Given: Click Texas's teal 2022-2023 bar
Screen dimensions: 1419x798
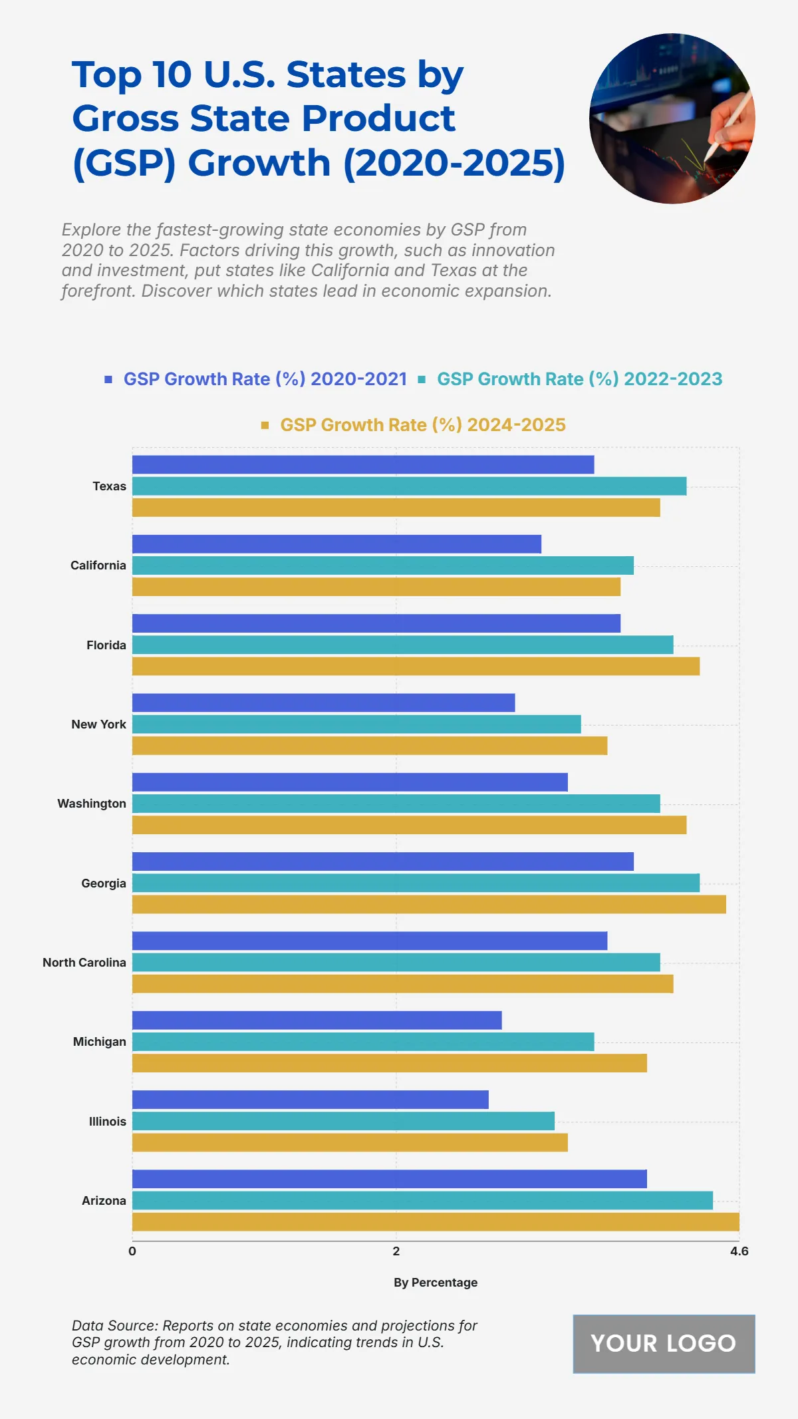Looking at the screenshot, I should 409,486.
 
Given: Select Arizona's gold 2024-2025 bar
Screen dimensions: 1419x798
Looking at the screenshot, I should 436,1222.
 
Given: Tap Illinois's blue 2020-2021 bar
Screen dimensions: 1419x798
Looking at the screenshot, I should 310,1100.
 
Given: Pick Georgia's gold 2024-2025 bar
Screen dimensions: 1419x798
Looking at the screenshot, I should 429,904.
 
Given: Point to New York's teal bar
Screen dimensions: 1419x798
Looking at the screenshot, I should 356,724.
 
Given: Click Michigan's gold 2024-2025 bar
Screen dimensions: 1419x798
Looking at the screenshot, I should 389,1063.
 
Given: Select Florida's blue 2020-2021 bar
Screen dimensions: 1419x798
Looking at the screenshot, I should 376,623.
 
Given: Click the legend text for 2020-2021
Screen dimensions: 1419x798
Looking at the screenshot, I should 265,379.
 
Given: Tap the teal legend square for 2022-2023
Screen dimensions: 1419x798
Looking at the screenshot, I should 422,380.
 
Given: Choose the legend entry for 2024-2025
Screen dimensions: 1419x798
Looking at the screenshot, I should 422,425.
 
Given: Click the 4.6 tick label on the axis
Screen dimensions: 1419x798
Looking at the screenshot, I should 739,1251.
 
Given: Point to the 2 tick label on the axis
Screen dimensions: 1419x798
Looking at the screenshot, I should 396,1251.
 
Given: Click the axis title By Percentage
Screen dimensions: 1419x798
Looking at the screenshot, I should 436,1283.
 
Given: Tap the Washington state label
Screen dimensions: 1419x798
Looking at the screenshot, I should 92,804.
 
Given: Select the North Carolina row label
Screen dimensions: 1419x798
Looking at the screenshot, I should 84,963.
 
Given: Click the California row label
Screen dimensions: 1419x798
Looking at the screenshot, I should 98,565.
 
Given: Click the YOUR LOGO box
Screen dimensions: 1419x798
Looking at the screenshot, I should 664,1344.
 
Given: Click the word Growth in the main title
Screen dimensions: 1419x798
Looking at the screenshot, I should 259,163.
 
